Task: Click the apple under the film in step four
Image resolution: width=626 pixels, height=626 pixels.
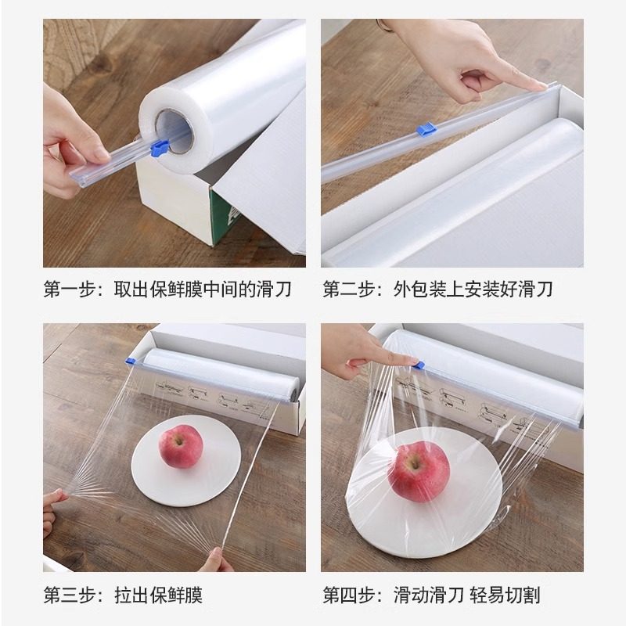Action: (419, 471)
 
